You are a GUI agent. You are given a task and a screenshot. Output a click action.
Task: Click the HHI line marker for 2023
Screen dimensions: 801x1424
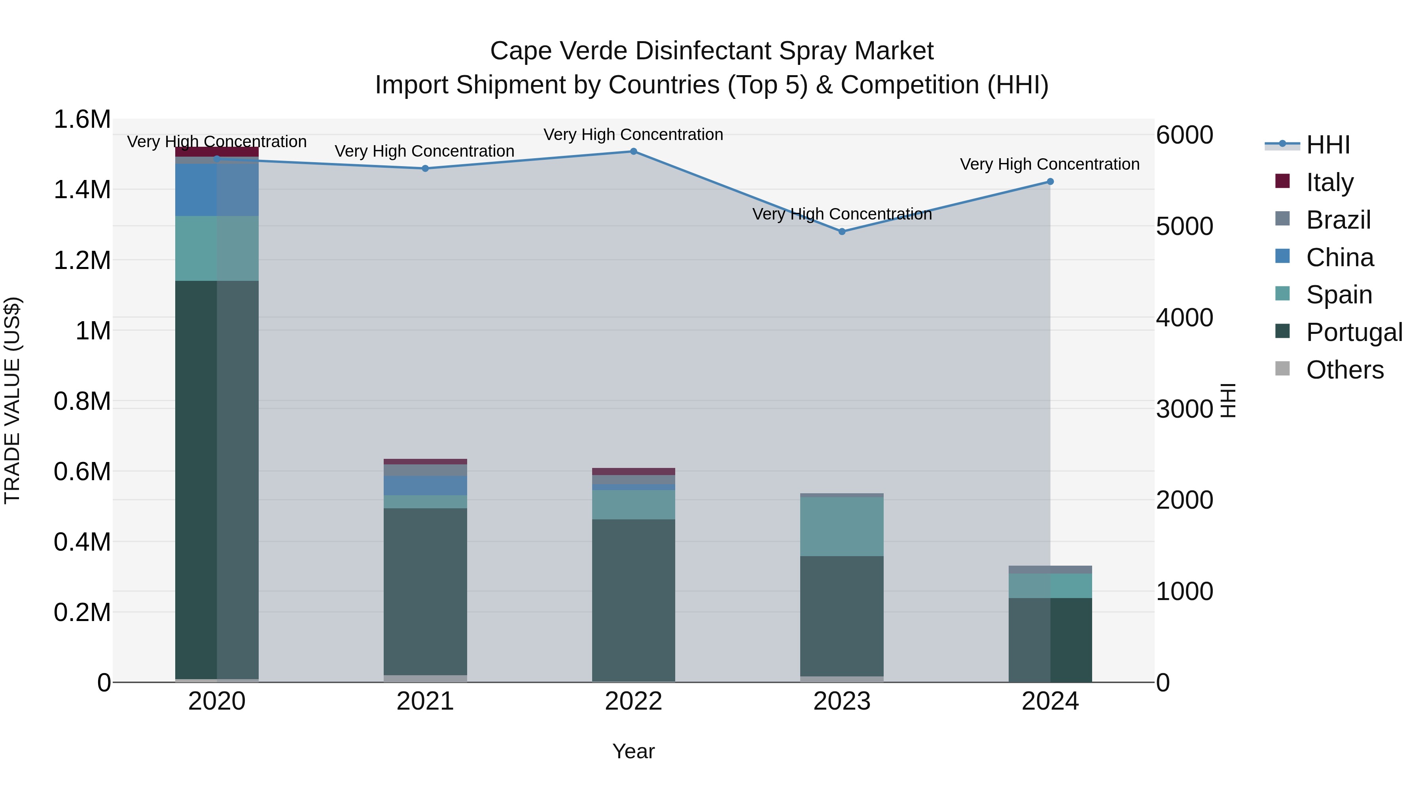tap(842, 232)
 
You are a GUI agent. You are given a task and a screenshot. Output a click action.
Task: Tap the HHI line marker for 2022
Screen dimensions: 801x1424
tap(634, 151)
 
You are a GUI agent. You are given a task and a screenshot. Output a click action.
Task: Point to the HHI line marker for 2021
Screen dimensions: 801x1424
tap(425, 169)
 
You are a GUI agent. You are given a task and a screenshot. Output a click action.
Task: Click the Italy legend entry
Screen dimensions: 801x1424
tap(1329, 182)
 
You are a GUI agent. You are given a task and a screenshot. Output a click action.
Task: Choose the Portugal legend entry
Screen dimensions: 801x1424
tap(1353, 332)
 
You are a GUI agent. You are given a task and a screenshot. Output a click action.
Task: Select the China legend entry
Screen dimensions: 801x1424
tap(1339, 258)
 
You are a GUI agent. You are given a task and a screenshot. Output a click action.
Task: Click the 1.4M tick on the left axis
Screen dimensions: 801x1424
tap(82, 189)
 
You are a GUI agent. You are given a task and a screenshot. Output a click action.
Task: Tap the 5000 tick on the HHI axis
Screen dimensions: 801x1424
tap(1184, 227)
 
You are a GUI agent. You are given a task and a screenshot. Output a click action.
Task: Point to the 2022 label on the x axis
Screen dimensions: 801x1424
tap(634, 701)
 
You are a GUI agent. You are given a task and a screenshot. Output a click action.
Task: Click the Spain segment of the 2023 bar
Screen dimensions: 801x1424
tap(842, 526)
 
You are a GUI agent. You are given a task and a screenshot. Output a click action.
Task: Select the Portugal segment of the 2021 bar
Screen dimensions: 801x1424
tap(425, 591)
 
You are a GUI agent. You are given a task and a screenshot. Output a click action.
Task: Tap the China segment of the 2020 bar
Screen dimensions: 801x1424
tap(217, 189)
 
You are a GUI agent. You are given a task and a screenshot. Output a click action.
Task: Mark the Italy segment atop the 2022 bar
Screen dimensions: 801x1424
tap(634, 472)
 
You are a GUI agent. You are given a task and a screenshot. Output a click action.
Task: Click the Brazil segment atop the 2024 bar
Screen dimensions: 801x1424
tap(1050, 569)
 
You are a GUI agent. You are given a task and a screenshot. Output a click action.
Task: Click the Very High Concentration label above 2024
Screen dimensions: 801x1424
tap(1050, 164)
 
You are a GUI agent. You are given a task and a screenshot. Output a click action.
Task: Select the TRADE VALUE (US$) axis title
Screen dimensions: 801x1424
tap(12, 400)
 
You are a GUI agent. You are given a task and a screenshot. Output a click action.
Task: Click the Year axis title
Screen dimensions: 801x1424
tap(634, 751)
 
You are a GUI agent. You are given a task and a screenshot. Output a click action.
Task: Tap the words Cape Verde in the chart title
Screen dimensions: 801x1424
tap(558, 51)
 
